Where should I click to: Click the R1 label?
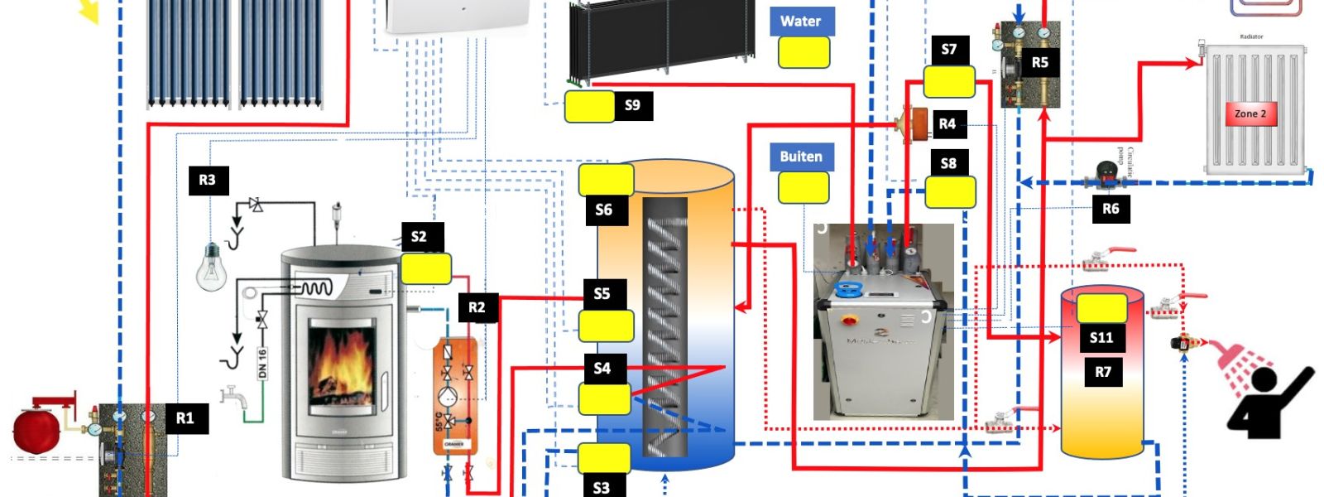185,418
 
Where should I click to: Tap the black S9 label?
632,106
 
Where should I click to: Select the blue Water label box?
801,22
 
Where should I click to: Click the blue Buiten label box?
801,157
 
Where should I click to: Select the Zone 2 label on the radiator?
1250,113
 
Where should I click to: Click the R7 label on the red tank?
1103,372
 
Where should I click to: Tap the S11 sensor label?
1101,337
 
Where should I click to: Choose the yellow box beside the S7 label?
948,81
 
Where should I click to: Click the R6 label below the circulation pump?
1111,209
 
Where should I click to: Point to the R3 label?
207,180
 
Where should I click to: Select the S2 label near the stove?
419,237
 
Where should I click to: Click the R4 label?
947,124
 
